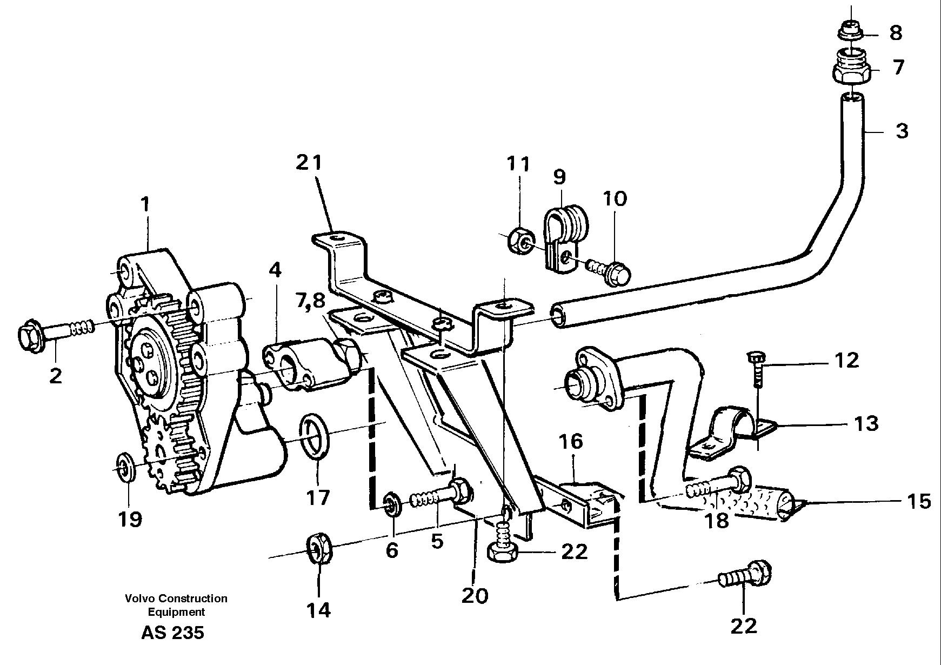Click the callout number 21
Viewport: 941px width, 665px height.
pos(309,162)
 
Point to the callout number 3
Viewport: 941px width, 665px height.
pos(902,130)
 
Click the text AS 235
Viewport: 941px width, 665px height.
pos(172,632)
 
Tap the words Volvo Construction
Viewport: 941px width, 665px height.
pos(176,598)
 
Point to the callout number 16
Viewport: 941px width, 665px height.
pos(571,441)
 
